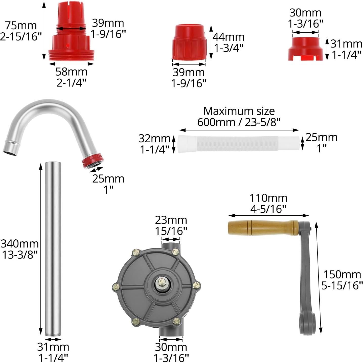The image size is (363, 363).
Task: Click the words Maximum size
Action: tap(239, 111)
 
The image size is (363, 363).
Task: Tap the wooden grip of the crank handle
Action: tap(263, 228)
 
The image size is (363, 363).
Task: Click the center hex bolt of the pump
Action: tap(161, 282)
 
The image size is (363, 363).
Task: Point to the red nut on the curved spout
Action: tap(93, 161)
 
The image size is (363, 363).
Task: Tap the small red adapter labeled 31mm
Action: tap(305, 49)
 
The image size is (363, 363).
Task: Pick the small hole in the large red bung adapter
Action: tap(67, 46)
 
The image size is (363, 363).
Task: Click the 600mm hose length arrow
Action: tap(239, 130)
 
